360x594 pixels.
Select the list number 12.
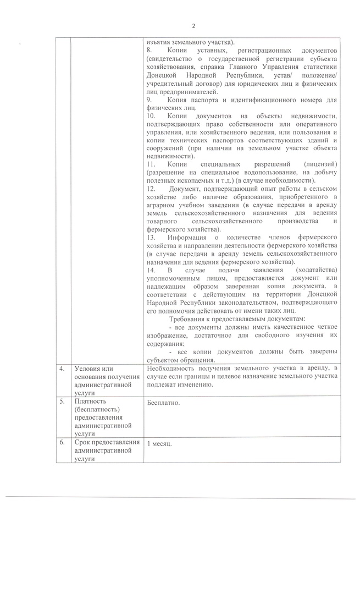coord(152,189)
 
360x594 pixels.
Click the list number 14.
coord(152,271)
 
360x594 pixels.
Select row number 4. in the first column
coord(63,369)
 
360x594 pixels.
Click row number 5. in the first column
coord(63,402)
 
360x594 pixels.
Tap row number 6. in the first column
coord(63,443)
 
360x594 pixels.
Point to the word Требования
coord(189,320)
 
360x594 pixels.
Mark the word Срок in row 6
coord(83,443)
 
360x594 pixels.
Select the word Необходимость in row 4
coord(172,369)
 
